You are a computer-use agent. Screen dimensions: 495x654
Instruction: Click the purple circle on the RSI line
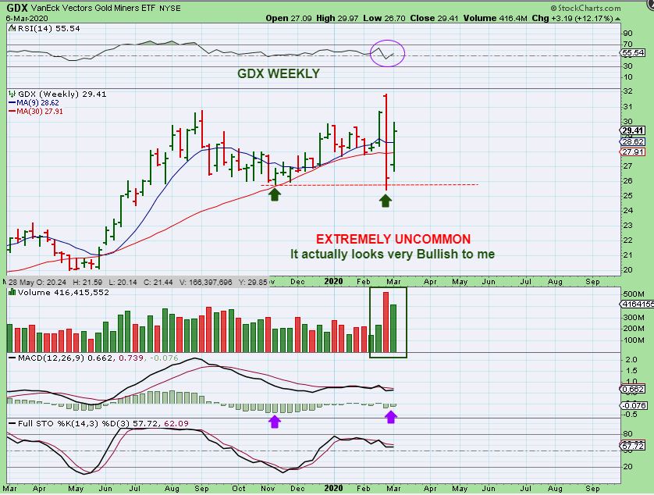(387, 52)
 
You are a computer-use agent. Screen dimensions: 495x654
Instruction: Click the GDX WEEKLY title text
(279, 74)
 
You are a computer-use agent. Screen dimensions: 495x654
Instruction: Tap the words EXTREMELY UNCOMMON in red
(393, 239)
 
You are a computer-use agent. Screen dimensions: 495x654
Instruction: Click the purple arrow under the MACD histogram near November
(273, 422)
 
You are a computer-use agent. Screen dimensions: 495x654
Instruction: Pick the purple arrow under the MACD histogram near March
(391, 417)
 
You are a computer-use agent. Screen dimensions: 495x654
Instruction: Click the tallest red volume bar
(386, 322)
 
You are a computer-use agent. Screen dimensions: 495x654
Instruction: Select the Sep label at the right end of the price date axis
(592, 280)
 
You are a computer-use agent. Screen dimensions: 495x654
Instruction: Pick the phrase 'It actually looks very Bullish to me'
(393, 254)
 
